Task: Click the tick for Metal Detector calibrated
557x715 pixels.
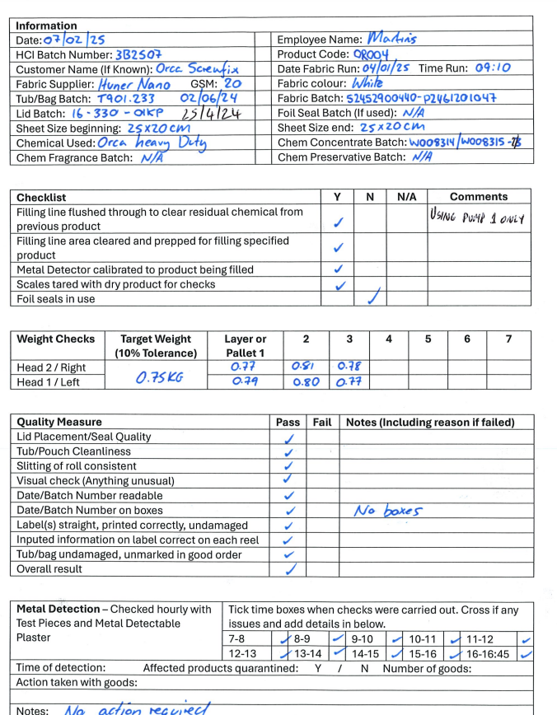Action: pyautogui.click(x=336, y=269)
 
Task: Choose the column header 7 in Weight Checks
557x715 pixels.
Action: pyautogui.click(x=508, y=339)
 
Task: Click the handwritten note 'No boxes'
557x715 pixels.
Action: pyautogui.click(x=387, y=511)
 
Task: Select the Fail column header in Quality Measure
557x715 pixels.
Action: pyautogui.click(x=322, y=423)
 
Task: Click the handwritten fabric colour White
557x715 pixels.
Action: pyautogui.click(x=373, y=83)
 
